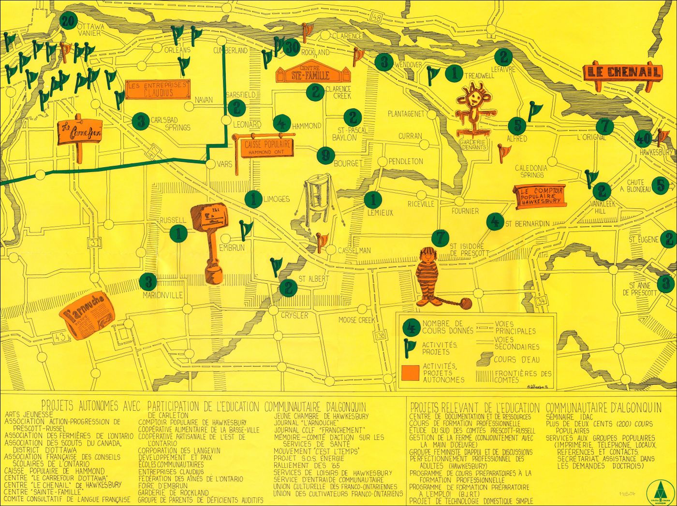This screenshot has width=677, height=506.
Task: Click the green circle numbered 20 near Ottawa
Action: click(68, 21)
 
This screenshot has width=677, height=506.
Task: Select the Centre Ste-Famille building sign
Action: click(312, 73)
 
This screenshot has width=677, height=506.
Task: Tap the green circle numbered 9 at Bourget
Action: click(326, 155)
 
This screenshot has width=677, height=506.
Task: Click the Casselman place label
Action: click(354, 250)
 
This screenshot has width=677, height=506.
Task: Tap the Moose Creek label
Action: click(357, 320)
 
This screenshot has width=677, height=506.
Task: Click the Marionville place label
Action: click(162, 295)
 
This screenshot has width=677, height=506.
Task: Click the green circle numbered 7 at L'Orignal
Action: click(604, 127)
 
